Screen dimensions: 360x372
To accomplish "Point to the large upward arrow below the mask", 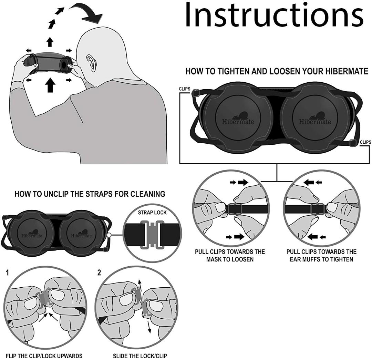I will [50, 85].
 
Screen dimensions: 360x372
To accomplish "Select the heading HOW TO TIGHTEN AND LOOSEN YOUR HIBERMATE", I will [277, 71].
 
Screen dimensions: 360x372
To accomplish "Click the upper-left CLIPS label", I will [184, 89].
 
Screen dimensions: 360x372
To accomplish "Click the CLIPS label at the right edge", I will [365, 142].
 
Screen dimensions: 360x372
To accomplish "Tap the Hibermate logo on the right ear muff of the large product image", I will [314, 119].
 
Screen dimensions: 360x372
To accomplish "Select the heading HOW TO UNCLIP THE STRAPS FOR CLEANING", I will [90, 194].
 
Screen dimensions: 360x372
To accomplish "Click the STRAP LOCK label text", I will [152, 213].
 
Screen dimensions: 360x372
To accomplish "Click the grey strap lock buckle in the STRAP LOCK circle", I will [152, 235].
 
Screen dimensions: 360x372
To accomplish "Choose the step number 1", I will [8, 273].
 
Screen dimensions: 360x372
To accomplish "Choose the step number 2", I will [99, 273].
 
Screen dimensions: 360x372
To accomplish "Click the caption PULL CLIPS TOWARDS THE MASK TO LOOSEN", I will [230, 255].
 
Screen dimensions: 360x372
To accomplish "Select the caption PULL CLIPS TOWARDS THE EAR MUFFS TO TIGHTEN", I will [321, 255].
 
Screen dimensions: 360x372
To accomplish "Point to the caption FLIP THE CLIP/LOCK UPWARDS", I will [44, 356].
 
